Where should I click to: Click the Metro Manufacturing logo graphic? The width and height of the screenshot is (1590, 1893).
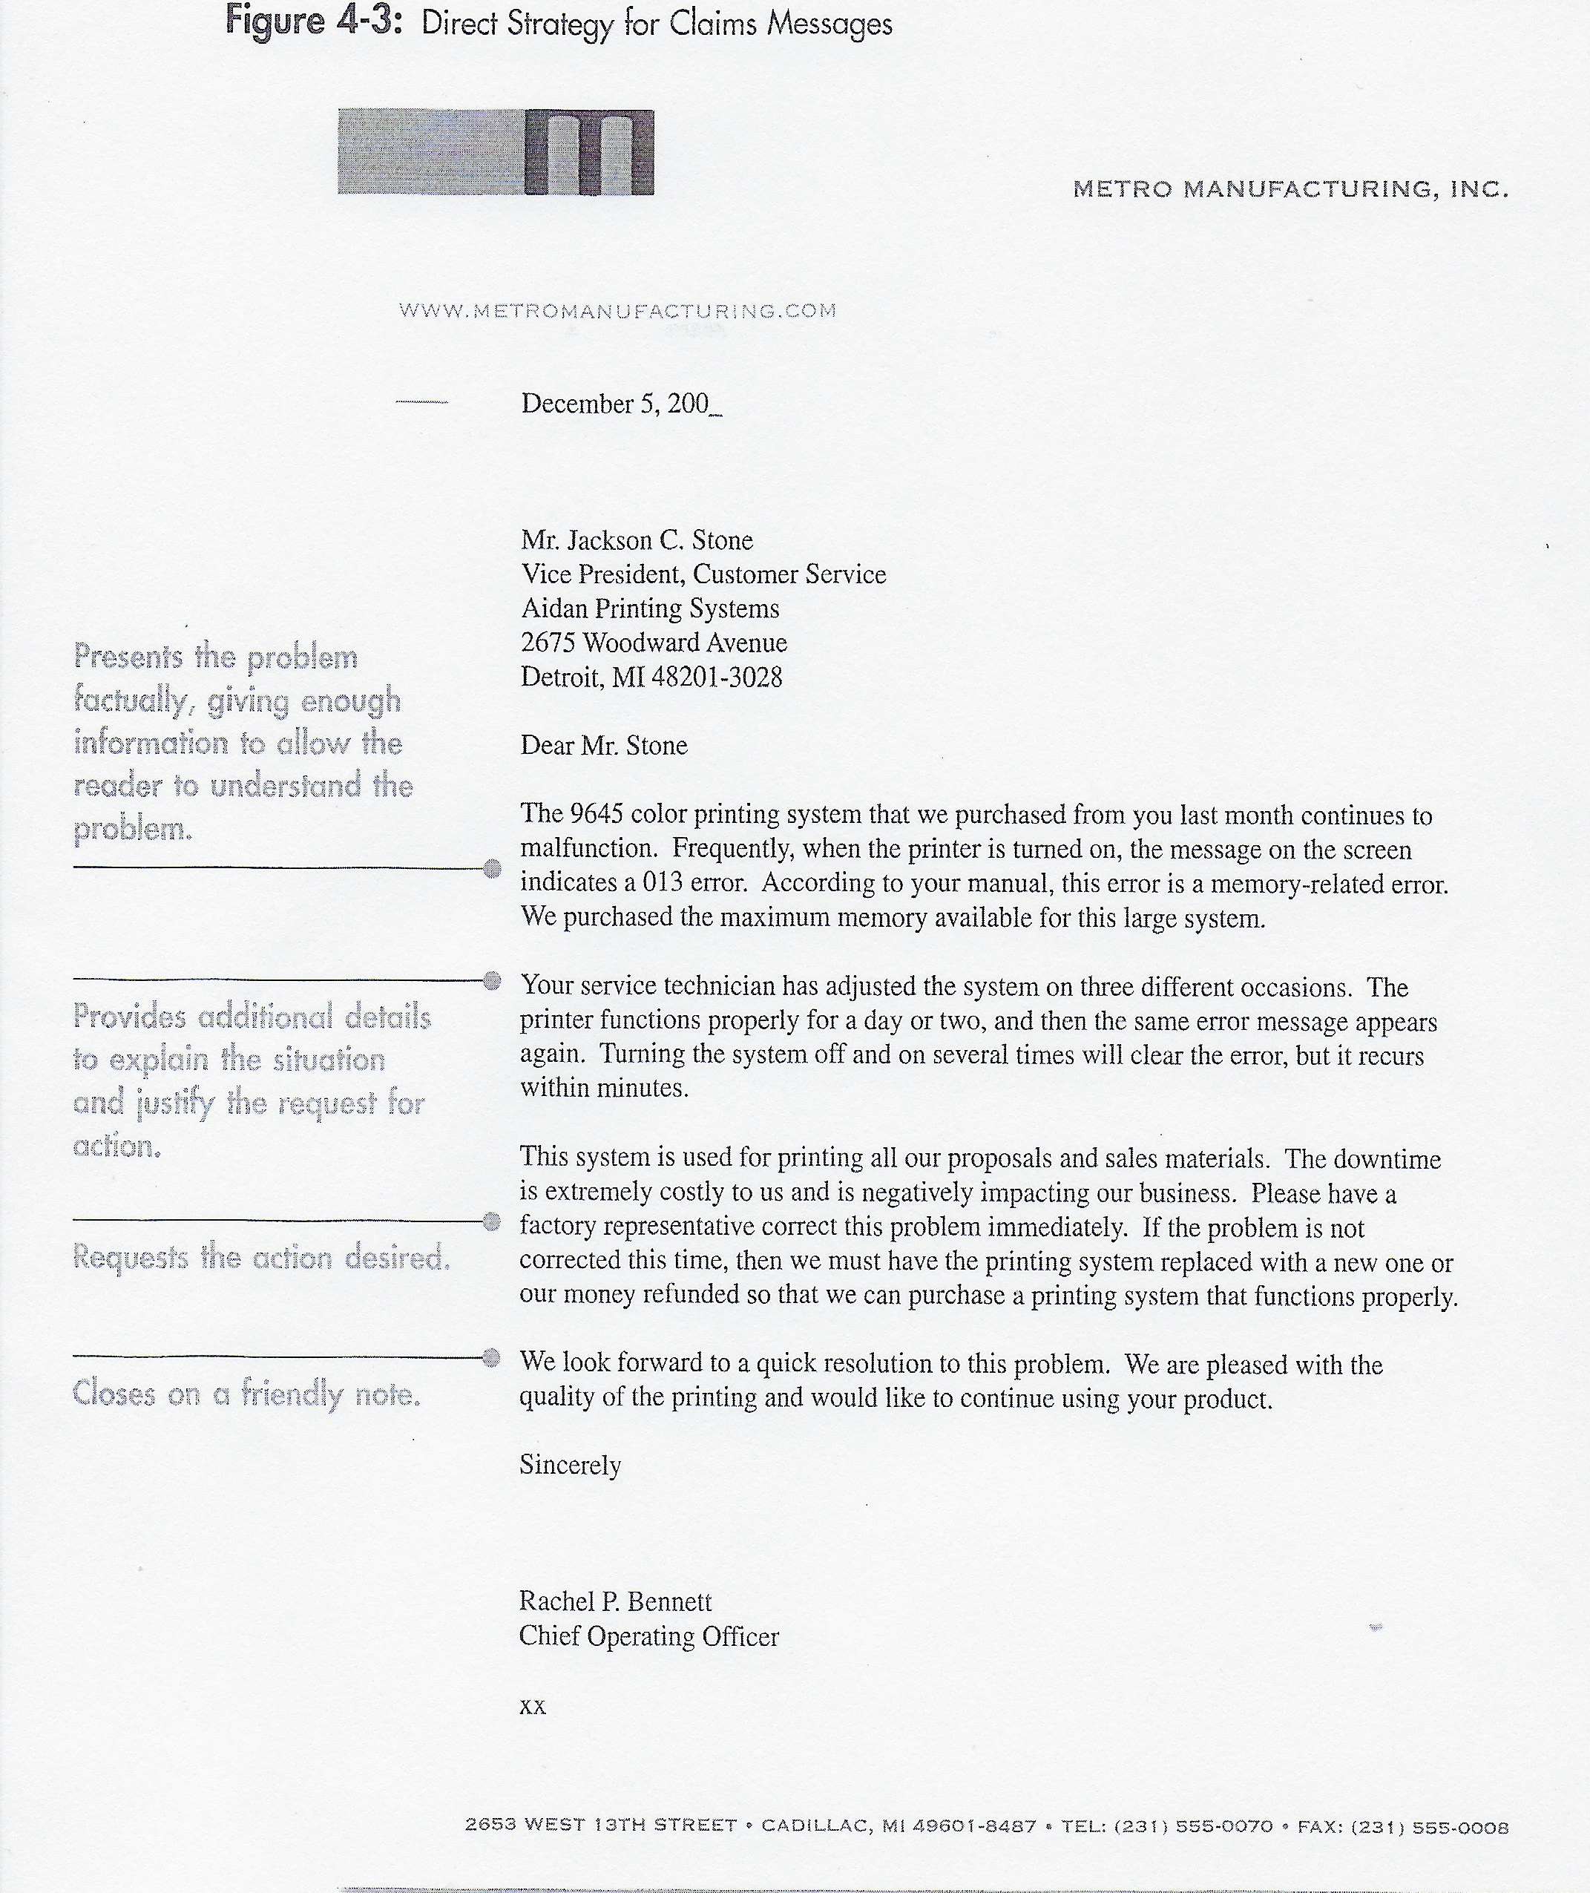pos(496,151)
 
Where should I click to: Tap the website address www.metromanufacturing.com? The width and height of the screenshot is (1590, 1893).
pos(617,311)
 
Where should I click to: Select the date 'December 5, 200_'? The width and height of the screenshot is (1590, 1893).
pos(621,404)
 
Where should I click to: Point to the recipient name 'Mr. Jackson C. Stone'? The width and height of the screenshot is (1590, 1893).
pos(637,540)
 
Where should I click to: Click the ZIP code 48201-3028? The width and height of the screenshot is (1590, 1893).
pos(717,677)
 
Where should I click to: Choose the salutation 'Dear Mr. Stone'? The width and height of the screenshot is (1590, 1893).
pos(604,746)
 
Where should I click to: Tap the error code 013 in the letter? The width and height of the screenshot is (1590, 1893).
pos(663,882)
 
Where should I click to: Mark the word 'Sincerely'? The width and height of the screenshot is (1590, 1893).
pos(570,1465)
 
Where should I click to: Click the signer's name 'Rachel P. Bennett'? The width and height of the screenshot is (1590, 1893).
pos(615,1602)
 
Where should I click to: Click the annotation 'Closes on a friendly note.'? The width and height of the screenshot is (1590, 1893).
pos(246,1394)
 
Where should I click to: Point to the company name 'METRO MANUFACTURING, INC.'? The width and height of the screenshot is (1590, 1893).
pos(1290,189)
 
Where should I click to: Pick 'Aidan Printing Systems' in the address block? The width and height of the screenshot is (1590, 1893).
pos(650,608)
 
